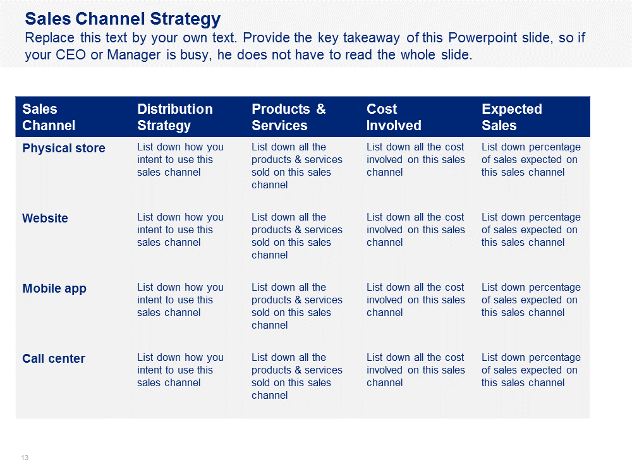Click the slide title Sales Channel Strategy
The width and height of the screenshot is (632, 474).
123,19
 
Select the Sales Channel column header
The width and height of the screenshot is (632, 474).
49,118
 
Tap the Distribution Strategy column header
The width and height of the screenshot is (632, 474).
175,118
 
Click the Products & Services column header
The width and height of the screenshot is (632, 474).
289,118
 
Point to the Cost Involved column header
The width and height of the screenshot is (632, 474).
394,118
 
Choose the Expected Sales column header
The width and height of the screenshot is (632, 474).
512,118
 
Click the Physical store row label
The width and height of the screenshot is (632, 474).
64,148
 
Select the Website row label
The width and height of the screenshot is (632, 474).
45,218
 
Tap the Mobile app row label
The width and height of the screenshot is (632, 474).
54,289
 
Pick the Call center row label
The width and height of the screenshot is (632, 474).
54,358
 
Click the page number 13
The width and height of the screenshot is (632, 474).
25,458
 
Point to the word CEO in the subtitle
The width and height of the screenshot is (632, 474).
71,55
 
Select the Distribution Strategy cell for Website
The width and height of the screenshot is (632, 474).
180,230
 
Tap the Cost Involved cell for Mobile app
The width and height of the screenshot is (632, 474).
416,300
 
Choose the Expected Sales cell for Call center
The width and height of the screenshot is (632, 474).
531,370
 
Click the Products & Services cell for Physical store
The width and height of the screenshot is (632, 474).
296,166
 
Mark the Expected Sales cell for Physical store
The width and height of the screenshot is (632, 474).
531,160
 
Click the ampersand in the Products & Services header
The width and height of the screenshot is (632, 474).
321,109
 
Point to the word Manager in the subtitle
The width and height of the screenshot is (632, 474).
134,55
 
